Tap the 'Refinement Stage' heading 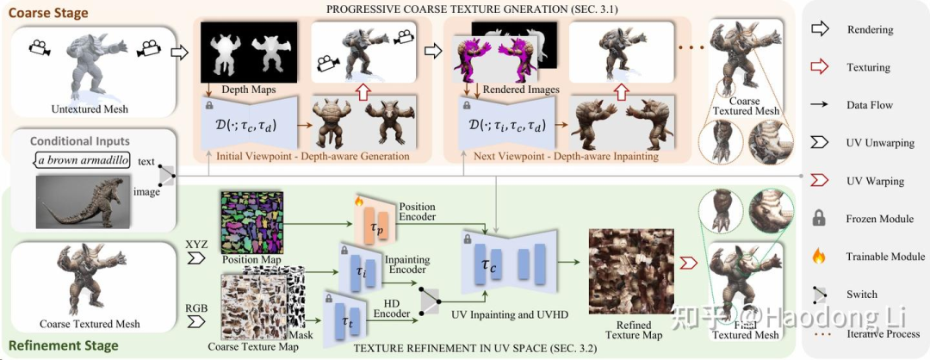pyautogui.click(x=60, y=346)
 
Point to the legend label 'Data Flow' pyautogui.click(x=871, y=104)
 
